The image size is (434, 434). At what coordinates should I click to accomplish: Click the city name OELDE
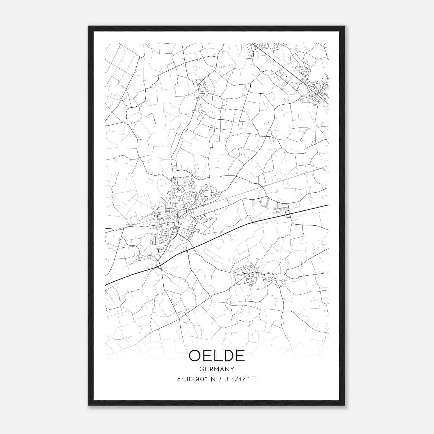pos(217,356)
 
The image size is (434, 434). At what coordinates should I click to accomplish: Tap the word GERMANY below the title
pos(217,369)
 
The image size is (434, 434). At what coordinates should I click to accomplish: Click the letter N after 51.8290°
pos(213,379)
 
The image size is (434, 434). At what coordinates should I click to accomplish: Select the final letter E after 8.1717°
pos(254,379)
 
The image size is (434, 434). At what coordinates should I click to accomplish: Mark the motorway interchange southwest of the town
pos(159,266)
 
